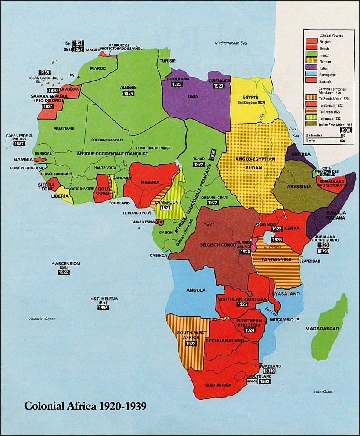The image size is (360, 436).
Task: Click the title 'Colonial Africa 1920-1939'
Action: pyautogui.click(x=85, y=406)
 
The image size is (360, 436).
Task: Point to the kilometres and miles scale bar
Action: pyautogui.click(x=325, y=138)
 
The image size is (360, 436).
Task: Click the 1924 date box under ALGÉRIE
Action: pyautogui.click(x=129, y=93)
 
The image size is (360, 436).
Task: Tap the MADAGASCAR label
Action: pyautogui.click(x=322, y=329)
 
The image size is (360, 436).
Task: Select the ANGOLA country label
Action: pyautogui.click(x=196, y=290)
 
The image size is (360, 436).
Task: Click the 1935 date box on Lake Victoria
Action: pyautogui.click(x=277, y=239)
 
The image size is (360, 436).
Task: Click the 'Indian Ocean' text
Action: pyautogui.click(x=323, y=392)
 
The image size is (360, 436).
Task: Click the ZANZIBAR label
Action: pyautogui.click(x=311, y=261)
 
